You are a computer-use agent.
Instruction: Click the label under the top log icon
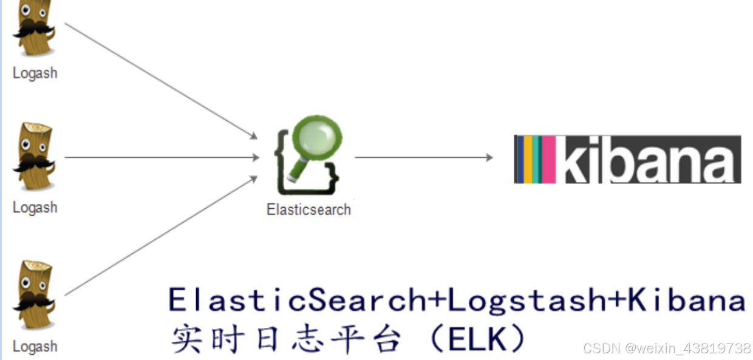click(x=35, y=73)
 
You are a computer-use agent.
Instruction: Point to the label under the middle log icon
click(x=35, y=208)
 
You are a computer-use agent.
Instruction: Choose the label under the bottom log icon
click(x=35, y=347)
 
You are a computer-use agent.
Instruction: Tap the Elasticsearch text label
click(x=308, y=209)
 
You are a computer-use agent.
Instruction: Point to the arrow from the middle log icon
click(x=162, y=158)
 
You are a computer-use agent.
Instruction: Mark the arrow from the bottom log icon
click(x=161, y=236)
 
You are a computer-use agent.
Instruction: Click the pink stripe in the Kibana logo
click(x=548, y=159)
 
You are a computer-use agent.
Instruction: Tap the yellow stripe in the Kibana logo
click(x=528, y=159)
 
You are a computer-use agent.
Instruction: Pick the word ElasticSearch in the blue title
click(x=298, y=300)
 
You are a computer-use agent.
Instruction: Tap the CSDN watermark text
click(x=666, y=348)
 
